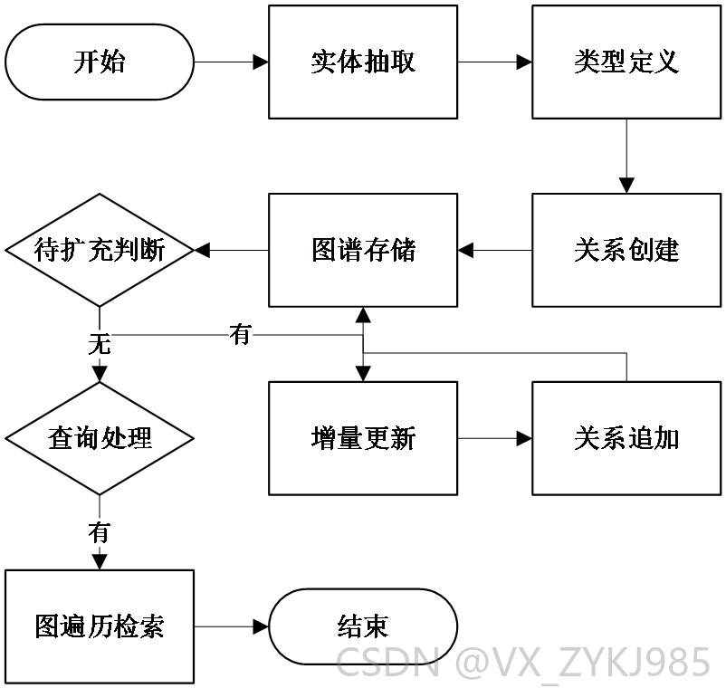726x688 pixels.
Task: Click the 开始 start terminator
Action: tap(100, 62)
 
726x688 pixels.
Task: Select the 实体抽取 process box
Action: tap(363, 62)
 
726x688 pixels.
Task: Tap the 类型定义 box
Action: tap(626, 62)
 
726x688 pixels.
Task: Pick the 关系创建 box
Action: tap(626, 250)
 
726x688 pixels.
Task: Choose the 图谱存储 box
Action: tap(363, 250)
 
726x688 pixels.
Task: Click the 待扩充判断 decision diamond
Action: tap(100, 250)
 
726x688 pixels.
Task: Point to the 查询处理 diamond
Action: tap(100, 438)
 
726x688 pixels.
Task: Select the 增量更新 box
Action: tap(363, 438)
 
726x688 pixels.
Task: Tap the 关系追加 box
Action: tap(626, 438)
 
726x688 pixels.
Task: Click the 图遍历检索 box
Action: tap(100, 626)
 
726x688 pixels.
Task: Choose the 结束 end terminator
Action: tap(363, 626)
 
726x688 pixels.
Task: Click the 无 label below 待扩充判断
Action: tap(100, 345)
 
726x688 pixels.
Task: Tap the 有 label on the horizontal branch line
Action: tap(240, 334)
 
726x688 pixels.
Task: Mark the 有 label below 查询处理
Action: tap(100, 532)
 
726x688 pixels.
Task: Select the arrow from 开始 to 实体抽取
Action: tap(231, 62)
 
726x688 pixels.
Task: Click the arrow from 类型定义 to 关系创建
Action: tap(626, 156)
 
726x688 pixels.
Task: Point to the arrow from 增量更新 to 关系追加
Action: tap(494, 438)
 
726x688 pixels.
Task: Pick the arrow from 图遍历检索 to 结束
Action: tap(231, 626)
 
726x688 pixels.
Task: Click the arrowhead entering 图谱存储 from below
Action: tap(363, 315)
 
